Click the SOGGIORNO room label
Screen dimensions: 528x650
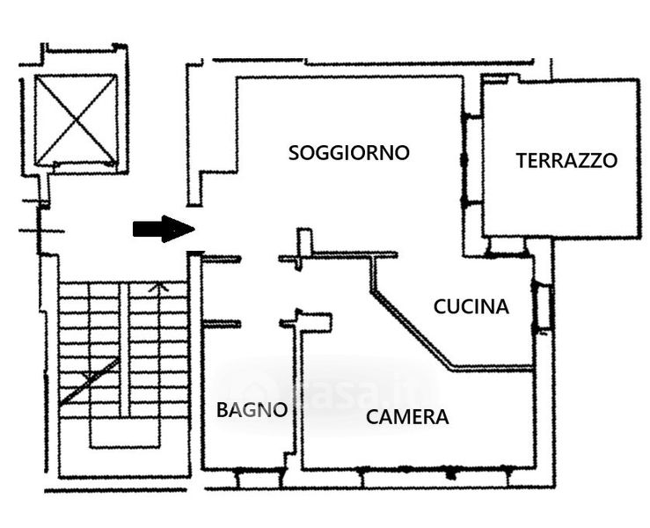pos(349,152)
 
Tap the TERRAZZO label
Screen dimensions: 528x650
pos(566,160)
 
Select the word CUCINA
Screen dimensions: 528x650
pos(471,306)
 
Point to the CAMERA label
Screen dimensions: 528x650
pos(407,417)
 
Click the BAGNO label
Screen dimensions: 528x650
pos(252,409)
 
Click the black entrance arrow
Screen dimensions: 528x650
pos(163,229)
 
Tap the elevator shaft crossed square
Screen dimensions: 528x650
pos(76,120)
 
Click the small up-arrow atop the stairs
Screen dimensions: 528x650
pos(158,286)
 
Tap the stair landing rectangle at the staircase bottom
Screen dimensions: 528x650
pos(124,431)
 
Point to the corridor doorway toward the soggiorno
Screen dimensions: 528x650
pos(260,259)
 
